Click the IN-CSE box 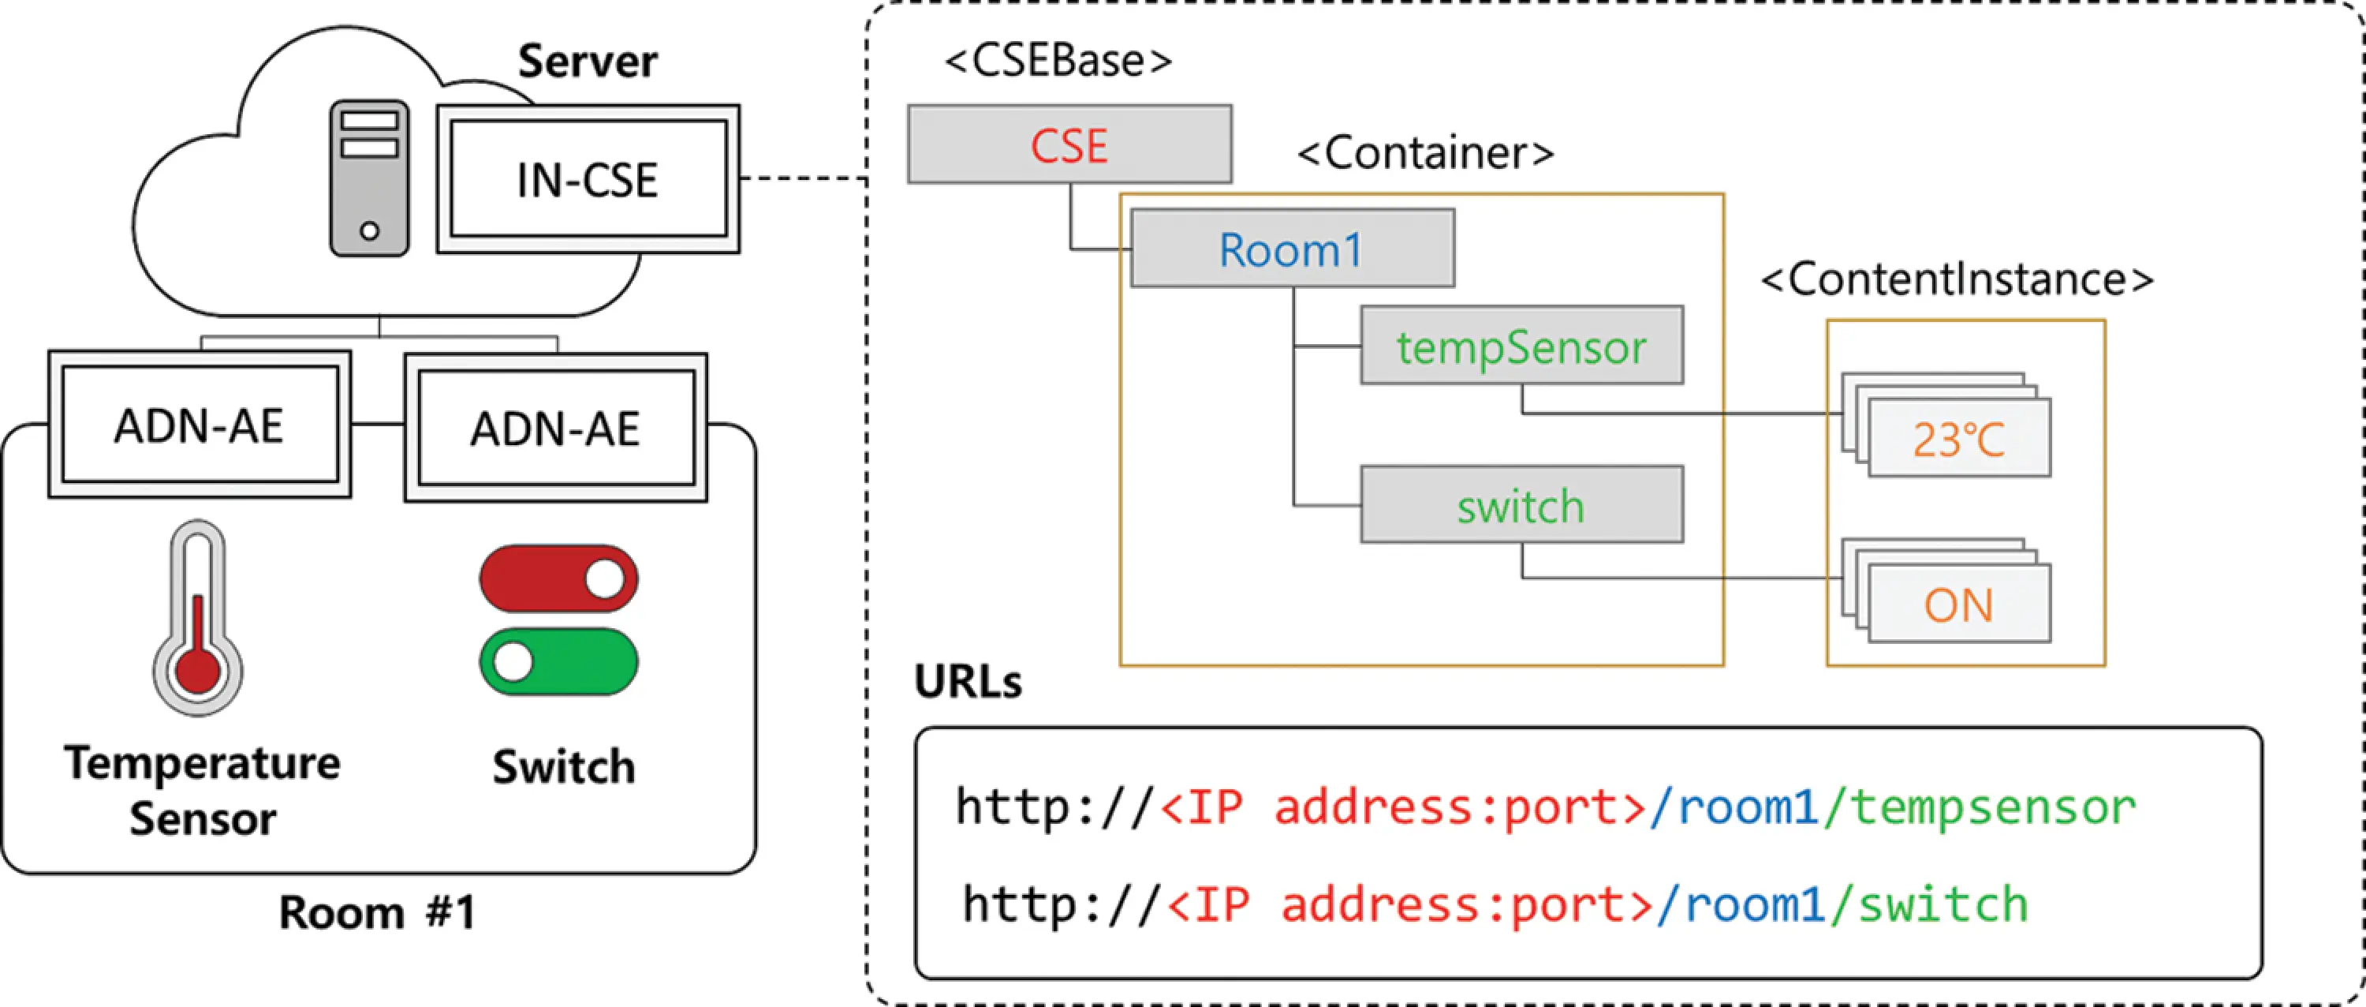pyautogui.click(x=588, y=179)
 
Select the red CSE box pyautogui.click(x=1069, y=144)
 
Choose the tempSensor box pyautogui.click(x=1521, y=346)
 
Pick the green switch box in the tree pyautogui.click(x=1521, y=505)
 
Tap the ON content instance pyautogui.click(x=1958, y=604)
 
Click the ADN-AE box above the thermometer pyautogui.click(x=200, y=425)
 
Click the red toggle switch pyautogui.click(x=558, y=578)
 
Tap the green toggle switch pyautogui.click(x=558, y=661)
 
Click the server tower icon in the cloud pyautogui.click(x=369, y=178)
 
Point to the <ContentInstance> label pyautogui.click(x=1957, y=279)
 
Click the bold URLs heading pyautogui.click(x=967, y=682)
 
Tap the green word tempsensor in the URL pyautogui.click(x=1991, y=807)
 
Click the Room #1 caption pyautogui.click(x=376, y=912)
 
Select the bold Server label pyautogui.click(x=587, y=62)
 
